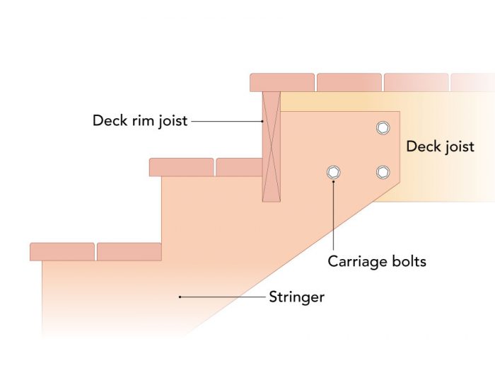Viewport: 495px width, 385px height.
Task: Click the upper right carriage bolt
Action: coord(383,127)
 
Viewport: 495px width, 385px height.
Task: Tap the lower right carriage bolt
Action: coord(383,172)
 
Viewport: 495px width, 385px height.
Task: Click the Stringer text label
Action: coord(296,297)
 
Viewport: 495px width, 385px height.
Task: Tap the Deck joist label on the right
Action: coord(439,147)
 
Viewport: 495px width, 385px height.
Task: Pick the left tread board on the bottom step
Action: coord(62,251)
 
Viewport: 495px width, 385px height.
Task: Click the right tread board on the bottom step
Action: coord(129,251)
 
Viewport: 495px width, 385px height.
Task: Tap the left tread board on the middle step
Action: coord(182,167)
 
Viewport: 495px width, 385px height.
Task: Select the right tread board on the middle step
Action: coord(239,167)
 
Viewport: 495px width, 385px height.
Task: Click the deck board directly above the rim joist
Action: coord(281,82)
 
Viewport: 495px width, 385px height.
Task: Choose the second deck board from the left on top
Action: coord(349,82)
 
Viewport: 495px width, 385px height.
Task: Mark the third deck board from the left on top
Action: coord(416,82)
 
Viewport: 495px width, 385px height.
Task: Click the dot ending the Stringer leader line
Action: coord(181,297)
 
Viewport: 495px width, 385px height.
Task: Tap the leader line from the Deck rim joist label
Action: coord(226,121)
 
